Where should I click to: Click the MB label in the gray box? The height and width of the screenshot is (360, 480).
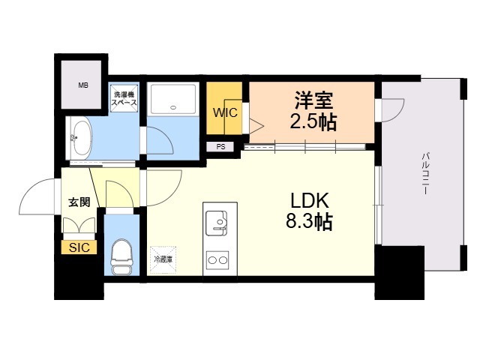[83, 85]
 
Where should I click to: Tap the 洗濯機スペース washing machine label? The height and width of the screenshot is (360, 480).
[124, 100]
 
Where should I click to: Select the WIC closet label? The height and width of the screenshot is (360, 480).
[224, 113]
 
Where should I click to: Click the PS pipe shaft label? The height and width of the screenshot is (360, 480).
[221, 147]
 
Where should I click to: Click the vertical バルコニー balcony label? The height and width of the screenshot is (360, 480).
[424, 172]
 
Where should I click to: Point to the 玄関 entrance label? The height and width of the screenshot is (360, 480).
[79, 202]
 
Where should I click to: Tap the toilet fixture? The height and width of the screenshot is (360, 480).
[121, 258]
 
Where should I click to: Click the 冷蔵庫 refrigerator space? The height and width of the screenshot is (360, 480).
[163, 259]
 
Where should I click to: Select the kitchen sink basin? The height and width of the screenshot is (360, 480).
[219, 222]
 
